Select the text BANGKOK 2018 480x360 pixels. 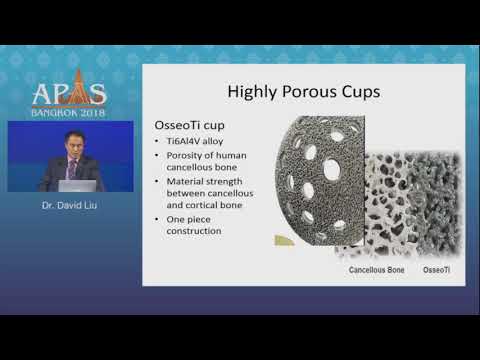(x=69, y=112)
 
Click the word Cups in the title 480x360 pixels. (x=360, y=93)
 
